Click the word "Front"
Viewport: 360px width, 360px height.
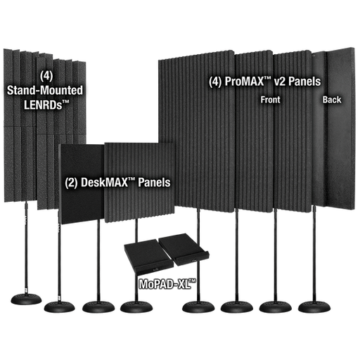[270, 100]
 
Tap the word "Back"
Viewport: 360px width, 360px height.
[332, 100]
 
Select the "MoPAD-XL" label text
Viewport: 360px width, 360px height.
[167, 284]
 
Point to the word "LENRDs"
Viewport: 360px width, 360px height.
[46, 105]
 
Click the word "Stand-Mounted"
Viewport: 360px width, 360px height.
[45, 91]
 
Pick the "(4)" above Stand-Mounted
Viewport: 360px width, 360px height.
[46, 76]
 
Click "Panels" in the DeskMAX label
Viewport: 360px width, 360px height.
[154, 182]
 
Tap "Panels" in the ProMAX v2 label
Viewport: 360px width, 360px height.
[304, 82]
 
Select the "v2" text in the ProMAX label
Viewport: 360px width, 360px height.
[280, 82]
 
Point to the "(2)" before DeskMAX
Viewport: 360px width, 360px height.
[71, 183]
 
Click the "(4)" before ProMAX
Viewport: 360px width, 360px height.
[215, 82]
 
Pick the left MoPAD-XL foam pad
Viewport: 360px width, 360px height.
[148, 256]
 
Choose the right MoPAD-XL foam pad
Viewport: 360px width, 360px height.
[184, 249]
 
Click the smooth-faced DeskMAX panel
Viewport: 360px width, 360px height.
[82, 184]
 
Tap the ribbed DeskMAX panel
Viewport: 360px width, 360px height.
[140, 182]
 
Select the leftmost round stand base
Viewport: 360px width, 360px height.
[26, 299]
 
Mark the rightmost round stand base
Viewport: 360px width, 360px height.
[314, 307]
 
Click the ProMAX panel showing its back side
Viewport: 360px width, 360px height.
[333, 129]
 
